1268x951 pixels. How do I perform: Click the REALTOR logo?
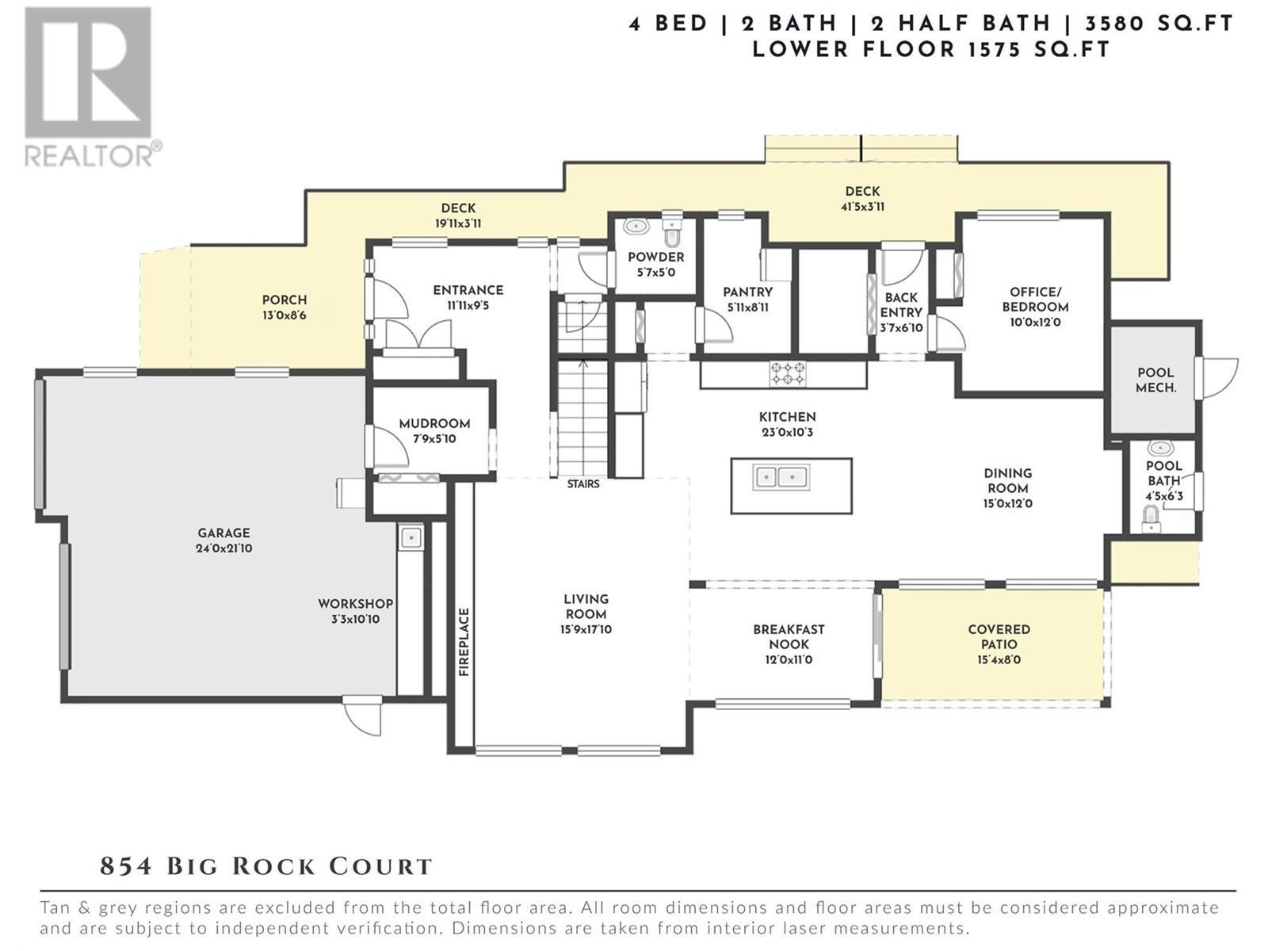[x=89, y=86]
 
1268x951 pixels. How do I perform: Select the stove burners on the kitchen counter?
[x=788, y=373]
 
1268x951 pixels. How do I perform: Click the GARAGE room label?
[x=223, y=533]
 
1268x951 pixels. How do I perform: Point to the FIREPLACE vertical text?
[x=464, y=642]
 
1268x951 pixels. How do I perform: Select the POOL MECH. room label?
[x=1155, y=380]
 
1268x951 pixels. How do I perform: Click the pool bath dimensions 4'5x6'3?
[x=1163, y=497]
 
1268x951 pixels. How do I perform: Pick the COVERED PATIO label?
[x=999, y=636]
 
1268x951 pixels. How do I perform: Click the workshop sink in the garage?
[x=411, y=538]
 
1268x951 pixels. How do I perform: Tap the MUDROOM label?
[x=434, y=424]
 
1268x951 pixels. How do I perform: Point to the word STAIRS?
[x=583, y=483]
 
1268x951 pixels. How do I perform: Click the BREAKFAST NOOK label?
[x=789, y=636]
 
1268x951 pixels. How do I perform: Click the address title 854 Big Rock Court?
[x=266, y=866]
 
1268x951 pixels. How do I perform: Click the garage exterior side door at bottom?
[x=362, y=715]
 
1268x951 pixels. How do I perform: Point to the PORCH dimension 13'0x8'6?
[x=285, y=315]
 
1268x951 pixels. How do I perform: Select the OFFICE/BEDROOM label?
[x=1035, y=300]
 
